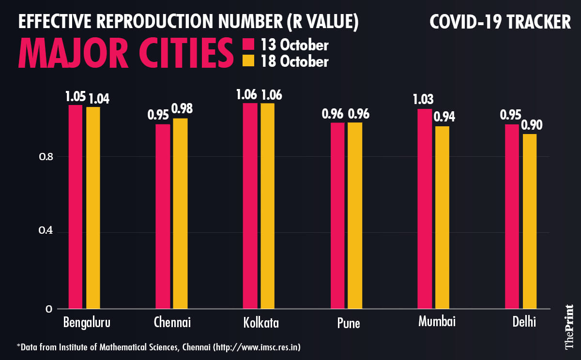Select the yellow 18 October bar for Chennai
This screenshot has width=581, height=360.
(x=180, y=213)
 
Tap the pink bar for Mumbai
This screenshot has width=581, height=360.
(x=424, y=209)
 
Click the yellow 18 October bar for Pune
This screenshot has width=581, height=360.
(x=354, y=215)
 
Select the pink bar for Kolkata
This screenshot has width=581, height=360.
(x=250, y=206)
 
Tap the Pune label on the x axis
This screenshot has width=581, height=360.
(x=348, y=323)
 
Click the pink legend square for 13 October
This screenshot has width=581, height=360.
(x=248, y=45)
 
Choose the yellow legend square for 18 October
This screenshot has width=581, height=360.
(x=248, y=61)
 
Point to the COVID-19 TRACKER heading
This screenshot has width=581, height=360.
(x=500, y=22)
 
